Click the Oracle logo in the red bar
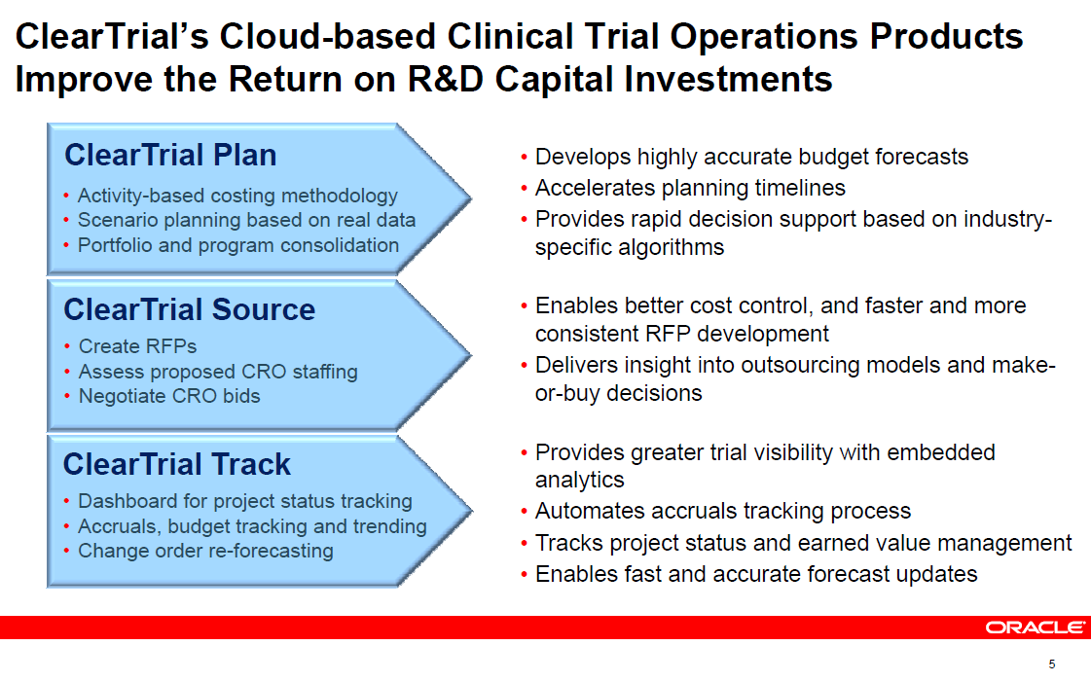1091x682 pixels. (x=1035, y=628)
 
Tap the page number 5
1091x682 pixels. (x=1052, y=664)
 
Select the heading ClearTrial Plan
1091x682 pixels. (x=170, y=155)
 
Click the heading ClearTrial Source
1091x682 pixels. (x=189, y=309)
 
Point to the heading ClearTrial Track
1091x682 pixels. (x=177, y=464)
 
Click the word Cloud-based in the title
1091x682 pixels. (x=328, y=36)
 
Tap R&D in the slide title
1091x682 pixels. (x=445, y=79)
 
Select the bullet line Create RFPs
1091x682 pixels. (x=138, y=346)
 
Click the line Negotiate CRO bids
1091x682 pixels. (x=169, y=396)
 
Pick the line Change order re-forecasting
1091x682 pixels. (x=205, y=551)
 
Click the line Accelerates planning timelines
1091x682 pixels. (x=690, y=188)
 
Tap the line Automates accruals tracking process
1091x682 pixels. (x=723, y=511)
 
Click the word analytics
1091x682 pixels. (x=580, y=481)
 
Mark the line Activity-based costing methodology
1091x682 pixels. (x=237, y=197)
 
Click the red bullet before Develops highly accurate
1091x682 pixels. (x=524, y=158)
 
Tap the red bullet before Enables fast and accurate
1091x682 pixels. (x=524, y=575)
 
